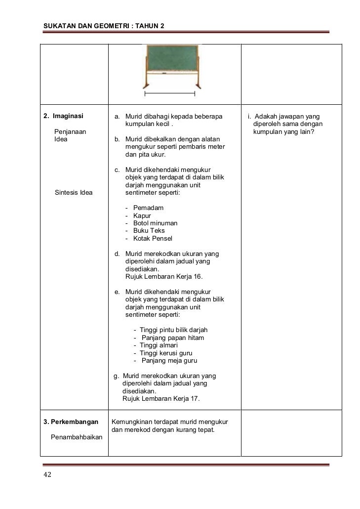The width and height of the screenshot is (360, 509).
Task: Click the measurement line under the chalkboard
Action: (169, 93)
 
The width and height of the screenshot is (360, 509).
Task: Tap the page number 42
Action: (47, 475)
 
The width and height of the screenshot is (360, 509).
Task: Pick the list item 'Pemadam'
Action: (148, 208)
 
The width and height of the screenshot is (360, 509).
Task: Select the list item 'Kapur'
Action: (142, 215)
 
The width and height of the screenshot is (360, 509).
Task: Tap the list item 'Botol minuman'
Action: (155, 223)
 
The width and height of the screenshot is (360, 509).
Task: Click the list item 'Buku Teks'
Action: (149, 231)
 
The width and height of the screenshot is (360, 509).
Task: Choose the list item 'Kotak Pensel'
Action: (153, 239)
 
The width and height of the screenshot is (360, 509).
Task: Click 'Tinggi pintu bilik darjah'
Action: (173, 330)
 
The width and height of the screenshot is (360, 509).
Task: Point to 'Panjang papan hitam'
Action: (172, 338)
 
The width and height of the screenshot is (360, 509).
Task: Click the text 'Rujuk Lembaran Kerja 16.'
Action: (164, 277)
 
